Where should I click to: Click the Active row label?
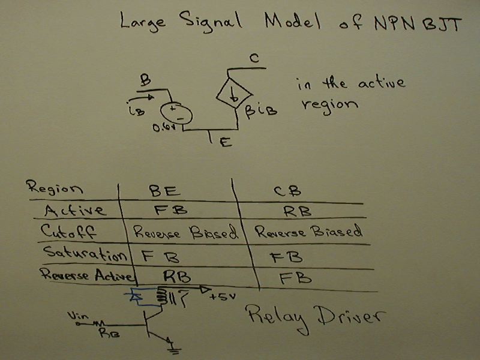[75, 210]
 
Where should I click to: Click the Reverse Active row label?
[88, 275]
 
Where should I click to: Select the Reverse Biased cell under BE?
[184, 232]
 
